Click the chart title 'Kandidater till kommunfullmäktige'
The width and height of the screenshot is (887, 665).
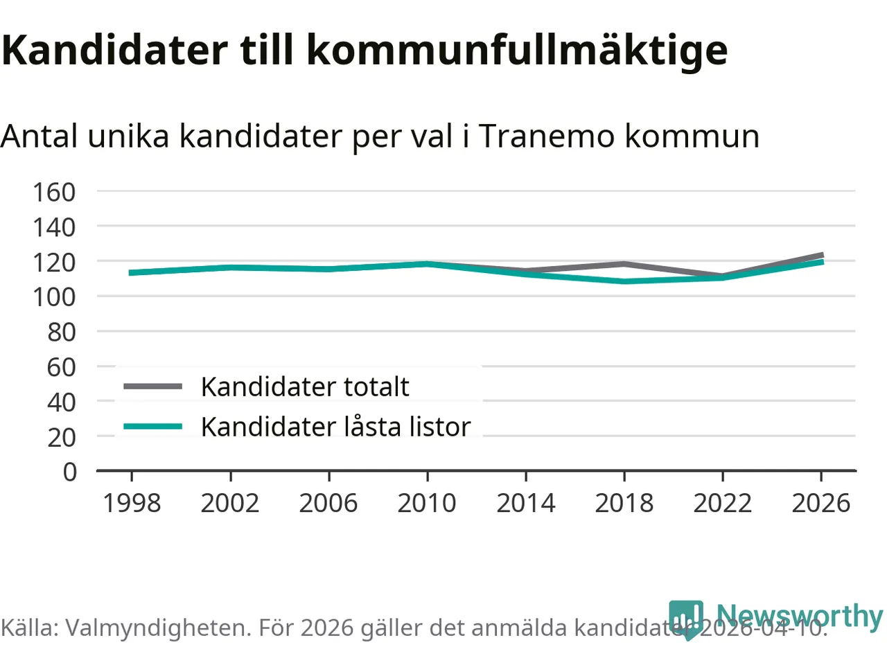pyautogui.click(x=365, y=50)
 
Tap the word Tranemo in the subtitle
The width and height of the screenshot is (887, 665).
pyautogui.click(x=547, y=136)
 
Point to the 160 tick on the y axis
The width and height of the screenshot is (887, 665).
pyautogui.click(x=54, y=192)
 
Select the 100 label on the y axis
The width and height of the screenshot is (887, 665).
pyautogui.click(x=54, y=297)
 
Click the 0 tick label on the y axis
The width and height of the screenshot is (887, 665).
pyautogui.click(x=69, y=472)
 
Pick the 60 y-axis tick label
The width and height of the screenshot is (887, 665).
pyautogui.click(x=61, y=367)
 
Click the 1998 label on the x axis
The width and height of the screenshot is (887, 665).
pyautogui.click(x=132, y=503)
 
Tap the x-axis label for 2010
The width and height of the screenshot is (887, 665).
pyautogui.click(x=427, y=503)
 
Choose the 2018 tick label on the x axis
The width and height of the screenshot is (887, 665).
pyautogui.click(x=624, y=503)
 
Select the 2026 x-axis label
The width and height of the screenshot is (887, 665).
pyautogui.click(x=820, y=503)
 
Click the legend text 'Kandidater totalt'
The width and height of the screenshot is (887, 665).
pyautogui.click(x=305, y=387)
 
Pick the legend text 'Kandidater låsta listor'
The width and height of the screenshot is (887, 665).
pyautogui.click(x=335, y=427)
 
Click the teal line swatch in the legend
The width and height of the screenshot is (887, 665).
pyautogui.click(x=152, y=427)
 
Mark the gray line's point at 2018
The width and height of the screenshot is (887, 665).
pyautogui.click(x=624, y=264)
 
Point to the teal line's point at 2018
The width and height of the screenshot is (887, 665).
pyautogui.click(x=624, y=281)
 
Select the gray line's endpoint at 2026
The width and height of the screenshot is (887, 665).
pyautogui.click(x=821, y=256)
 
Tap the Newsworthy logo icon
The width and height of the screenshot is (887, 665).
pyautogui.click(x=686, y=617)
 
